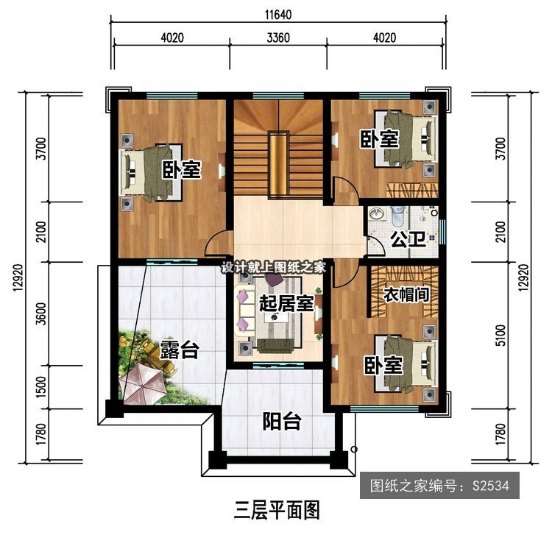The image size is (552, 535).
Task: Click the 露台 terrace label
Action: click(x=180, y=350)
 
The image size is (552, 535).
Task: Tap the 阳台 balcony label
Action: click(x=282, y=421)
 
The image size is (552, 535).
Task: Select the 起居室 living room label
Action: click(x=286, y=303)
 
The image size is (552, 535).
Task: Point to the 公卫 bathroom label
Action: click(x=408, y=240)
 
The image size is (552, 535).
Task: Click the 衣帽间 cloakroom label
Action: click(x=406, y=294)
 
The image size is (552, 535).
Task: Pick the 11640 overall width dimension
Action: click(x=278, y=15)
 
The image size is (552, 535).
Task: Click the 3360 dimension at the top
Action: click(x=278, y=38)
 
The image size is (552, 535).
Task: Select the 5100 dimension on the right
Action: click(x=500, y=335)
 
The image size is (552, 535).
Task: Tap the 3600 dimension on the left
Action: click(x=41, y=313)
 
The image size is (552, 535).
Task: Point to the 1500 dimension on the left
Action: click(x=41, y=387)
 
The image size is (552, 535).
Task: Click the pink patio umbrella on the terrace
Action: click(x=143, y=383)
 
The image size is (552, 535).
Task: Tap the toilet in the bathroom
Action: click(x=398, y=216)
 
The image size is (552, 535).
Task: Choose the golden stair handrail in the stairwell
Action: click(x=279, y=165)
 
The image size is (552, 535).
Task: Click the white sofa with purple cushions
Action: click(x=246, y=311)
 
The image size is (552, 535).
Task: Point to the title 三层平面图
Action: click(x=277, y=511)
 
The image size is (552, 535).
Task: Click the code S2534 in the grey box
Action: click(x=491, y=486)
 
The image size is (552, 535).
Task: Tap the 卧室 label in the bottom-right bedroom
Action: click(x=383, y=365)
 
